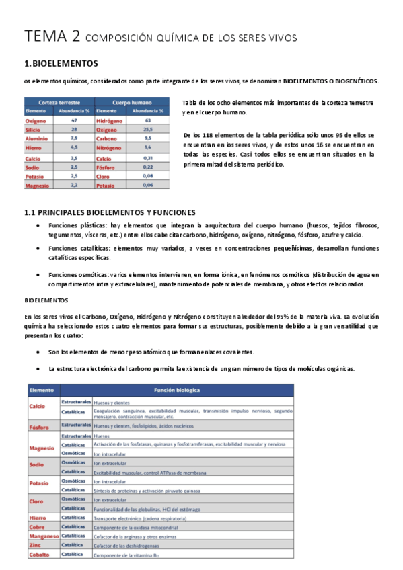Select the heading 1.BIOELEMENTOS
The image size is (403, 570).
pos(61,64)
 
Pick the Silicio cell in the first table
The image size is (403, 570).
pos(34,129)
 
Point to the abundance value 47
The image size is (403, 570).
pos(74,120)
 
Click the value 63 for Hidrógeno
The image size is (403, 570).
pos(147,120)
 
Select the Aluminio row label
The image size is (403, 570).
pos(38,138)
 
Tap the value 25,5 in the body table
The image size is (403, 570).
pos(147,129)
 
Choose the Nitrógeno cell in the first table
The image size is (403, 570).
pos(110,147)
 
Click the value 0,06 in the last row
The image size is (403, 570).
pos(147,184)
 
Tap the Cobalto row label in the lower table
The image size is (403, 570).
pos(40,554)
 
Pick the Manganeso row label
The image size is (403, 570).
pos(43,536)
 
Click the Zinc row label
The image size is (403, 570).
pos(34,545)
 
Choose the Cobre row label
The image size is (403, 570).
pos(37,527)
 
